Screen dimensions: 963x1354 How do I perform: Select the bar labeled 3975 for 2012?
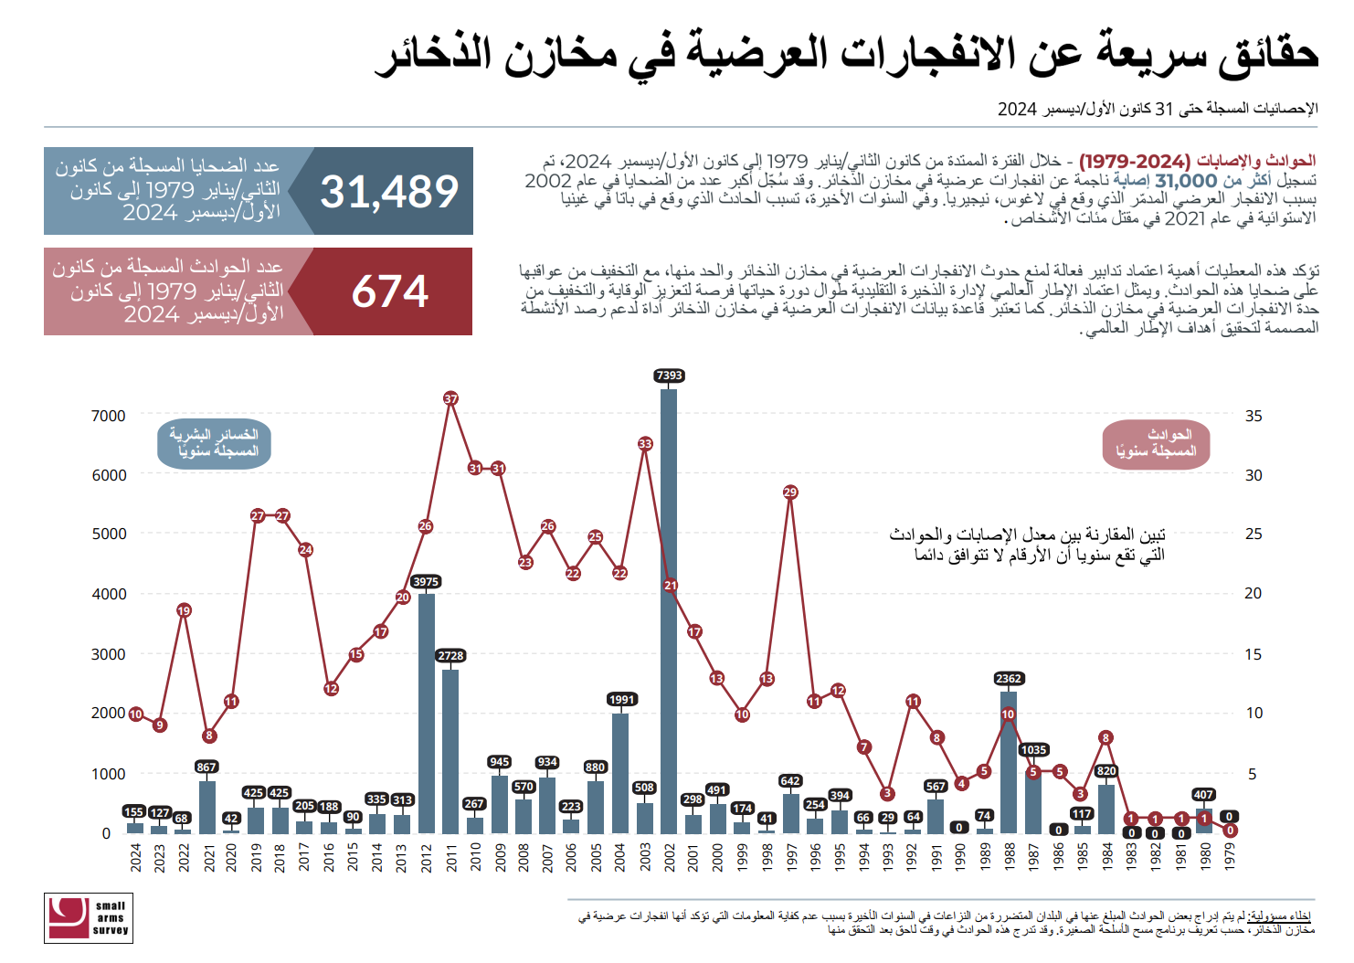(x=426, y=713)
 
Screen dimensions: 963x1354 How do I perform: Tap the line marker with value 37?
(x=450, y=398)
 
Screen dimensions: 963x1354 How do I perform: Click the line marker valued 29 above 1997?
(x=790, y=492)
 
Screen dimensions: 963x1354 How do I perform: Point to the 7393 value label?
(x=669, y=376)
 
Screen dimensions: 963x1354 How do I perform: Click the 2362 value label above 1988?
(x=1009, y=679)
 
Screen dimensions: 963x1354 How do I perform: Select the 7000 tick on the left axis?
(x=109, y=416)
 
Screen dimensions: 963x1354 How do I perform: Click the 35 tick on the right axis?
(x=1253, y=416)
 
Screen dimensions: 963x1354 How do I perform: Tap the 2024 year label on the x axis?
(x=135, y=858)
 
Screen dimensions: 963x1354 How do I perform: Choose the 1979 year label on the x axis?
(x=1230, y=858)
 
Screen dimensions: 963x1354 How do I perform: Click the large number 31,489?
(x=389, y=192)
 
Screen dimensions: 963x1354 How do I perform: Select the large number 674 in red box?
(x=390, y=292)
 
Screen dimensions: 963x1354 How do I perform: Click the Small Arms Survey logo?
(x=89, y=917)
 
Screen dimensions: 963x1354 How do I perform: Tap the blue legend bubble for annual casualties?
(x=215, y=443)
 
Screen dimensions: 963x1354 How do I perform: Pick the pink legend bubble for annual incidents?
(x=1156, y=444)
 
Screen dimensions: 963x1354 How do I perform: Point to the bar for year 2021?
(x=207, y=807)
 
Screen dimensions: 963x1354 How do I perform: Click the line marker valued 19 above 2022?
(x=184, y=610)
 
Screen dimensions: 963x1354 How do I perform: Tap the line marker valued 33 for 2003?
(x=645, y=444)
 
